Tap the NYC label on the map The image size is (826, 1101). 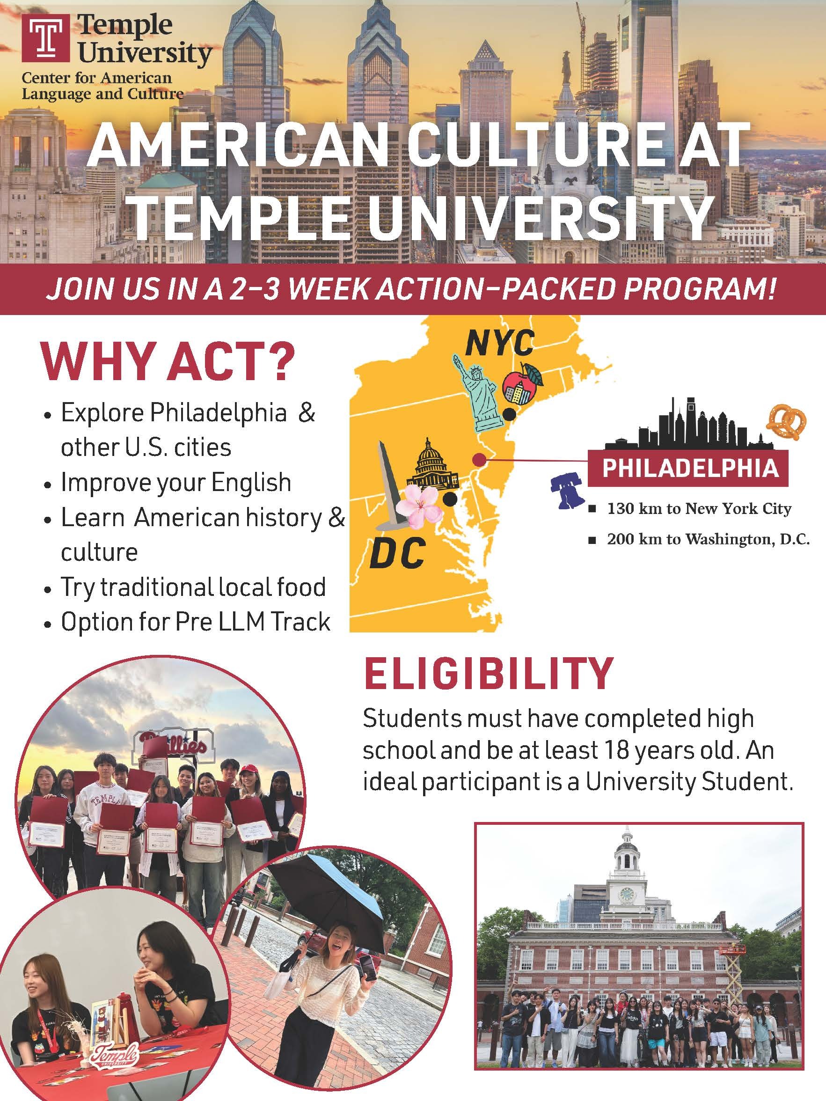pos(500,343)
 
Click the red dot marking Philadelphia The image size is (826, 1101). pos(479,459)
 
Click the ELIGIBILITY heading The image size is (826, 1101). pos(488,674)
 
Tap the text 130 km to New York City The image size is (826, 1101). pos(699,509)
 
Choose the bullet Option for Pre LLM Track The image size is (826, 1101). pos(195,621)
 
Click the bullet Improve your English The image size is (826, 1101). pos(175,482)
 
